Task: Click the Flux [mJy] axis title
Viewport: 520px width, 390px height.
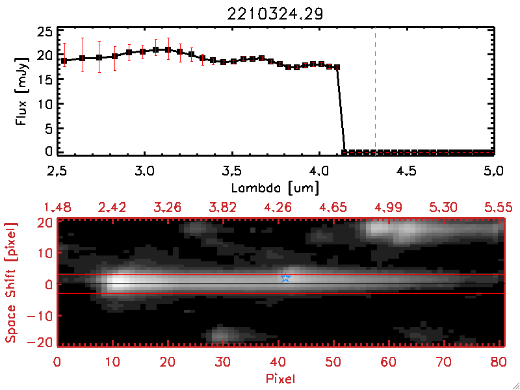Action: click(27, 90)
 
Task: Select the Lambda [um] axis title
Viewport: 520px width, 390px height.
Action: click(276, 188)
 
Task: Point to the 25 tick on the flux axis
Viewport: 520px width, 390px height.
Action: click(45, 31)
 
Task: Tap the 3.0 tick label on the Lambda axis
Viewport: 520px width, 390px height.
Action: click(144, 172)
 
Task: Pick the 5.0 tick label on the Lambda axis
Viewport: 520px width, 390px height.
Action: click(493, 172)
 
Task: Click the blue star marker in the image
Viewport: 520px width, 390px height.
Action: click(285, 278)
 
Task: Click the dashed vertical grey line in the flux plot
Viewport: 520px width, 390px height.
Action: click(375, 91)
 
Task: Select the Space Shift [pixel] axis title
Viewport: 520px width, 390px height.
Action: click(11, 283)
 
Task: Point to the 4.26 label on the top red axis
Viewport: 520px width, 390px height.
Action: click(277, 208)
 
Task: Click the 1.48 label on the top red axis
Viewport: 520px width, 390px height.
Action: click(56, 208)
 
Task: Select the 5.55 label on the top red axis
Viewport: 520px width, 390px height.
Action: click(497, 208)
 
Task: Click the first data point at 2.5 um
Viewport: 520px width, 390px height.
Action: click(64, 60)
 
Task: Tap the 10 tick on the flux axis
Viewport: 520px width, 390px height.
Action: click(45, 103)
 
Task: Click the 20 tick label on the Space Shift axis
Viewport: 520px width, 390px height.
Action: click(45, 222)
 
